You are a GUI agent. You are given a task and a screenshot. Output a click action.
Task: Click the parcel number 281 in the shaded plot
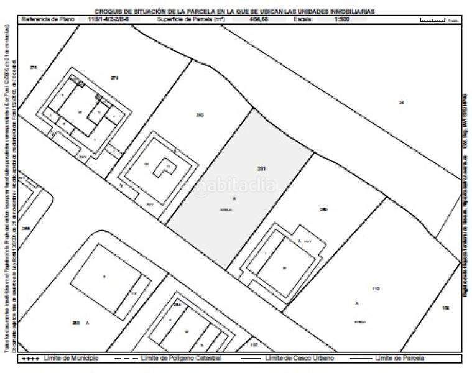(261, 168)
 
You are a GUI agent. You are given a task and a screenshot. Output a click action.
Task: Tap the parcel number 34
(401, 102)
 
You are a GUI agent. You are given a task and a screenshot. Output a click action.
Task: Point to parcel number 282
(200, 115)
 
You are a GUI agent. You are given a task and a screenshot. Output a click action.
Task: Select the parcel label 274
(114, 78)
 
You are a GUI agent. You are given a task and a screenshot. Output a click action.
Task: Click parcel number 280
(323, 210)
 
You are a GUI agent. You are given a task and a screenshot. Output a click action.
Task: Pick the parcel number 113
(375, 288)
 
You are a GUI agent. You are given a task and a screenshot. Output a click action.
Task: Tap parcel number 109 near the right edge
(445, 308)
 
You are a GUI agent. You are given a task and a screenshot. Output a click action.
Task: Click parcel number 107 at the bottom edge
(254, 344)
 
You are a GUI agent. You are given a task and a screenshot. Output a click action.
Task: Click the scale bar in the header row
(433, 20)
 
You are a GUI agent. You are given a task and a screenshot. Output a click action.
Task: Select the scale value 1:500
(342, 20)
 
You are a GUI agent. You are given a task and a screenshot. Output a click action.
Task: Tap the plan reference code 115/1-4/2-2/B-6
(108, 20)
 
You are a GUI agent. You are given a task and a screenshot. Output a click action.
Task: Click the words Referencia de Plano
(48, 20)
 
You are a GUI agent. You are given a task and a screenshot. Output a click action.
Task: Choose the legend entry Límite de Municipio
(58, 359)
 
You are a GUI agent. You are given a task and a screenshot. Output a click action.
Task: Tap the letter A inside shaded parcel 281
(234, 198)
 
